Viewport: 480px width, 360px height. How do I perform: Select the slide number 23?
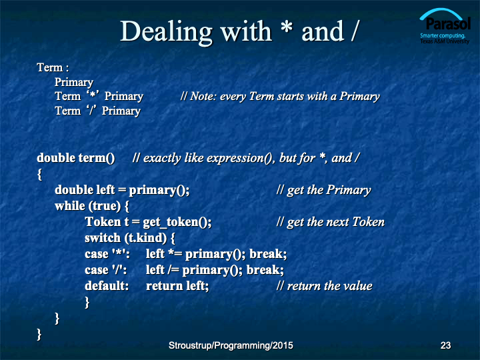pyautogui.click(x=445, y=345)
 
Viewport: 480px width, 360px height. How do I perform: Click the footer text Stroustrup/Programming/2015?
pyautogui.click(x=231, y=345)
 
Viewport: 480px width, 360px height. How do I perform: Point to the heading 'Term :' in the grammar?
pyautogui.click(x=53, y=67)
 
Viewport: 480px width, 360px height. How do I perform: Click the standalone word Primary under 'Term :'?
pyautogui.click(x=74, y=83)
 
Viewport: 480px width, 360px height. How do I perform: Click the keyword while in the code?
pyautogui.click(x=70, y=206)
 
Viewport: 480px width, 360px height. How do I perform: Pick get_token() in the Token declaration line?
pyautogui.click(x=177, y=222)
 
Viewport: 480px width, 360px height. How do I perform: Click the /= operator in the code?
pyautogui.click(x=173, y=270)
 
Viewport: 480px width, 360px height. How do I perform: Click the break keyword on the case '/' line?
pyautogui.click(x=265, y=270)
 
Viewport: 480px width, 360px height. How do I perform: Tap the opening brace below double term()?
pyautogui.click(x=39, y=175)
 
